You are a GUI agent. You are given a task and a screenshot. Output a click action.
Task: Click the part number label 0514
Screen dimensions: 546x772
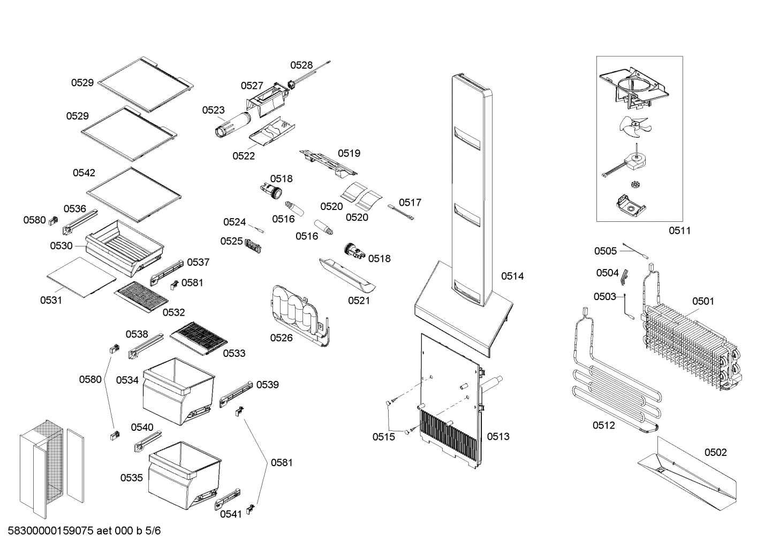pos(512,276)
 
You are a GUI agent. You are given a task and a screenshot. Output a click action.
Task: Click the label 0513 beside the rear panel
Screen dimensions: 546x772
pos(498,437)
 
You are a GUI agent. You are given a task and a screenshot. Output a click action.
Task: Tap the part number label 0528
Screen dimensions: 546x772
pos(301,65)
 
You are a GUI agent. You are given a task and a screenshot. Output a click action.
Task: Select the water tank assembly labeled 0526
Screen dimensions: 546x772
pos(297,313)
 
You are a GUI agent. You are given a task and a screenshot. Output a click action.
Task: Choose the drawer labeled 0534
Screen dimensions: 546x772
pos(178,388)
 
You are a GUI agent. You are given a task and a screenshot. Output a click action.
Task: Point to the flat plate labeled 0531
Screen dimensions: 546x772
pos(81,276)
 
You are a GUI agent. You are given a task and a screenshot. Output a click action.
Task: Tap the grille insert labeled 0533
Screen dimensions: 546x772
pos(199,338)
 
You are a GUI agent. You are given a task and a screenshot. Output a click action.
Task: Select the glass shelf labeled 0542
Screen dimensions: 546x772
pos(134,193)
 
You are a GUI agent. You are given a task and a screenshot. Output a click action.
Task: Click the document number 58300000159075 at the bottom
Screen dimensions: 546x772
pos(51,531)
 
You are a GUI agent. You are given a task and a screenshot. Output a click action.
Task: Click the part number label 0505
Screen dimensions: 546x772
pos(606,251)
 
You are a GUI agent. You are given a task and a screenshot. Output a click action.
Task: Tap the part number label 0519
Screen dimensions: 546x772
pos(349,153)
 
